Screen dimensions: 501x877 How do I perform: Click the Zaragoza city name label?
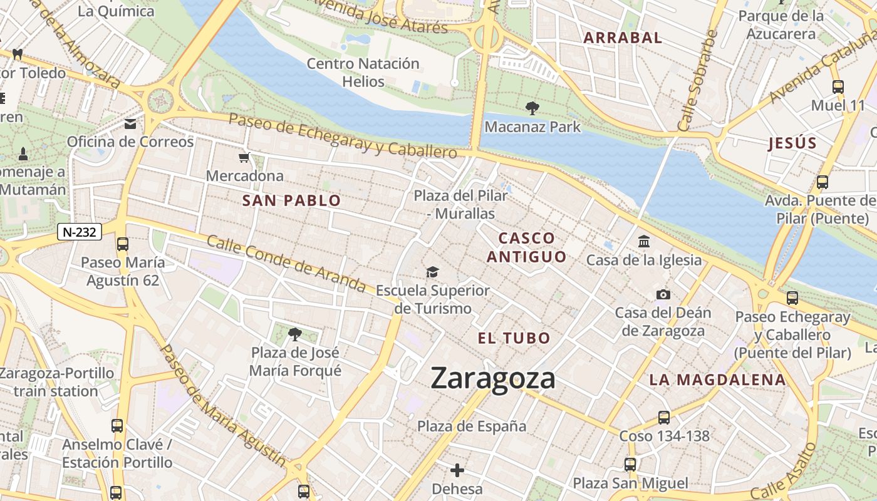[x=493, y=378]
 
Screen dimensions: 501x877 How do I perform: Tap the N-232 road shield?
[x=80, y=232]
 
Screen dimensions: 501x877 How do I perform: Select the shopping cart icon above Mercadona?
[x=244, y=157]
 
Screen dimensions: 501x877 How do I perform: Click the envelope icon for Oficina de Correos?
[x=130, y=123]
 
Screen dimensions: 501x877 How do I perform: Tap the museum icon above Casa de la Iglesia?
[x=644, y=241]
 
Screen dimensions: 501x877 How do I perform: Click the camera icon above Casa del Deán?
[x=663, y=294]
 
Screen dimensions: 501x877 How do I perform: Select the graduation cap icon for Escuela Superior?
[x=432, y=272]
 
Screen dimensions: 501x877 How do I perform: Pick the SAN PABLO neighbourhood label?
[x=291, y=201]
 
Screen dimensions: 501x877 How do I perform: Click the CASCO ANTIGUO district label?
[x=527, y=247]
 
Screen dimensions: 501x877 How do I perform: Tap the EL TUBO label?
[x=514, y=339]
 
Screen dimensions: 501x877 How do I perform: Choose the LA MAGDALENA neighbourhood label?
[x=717, y=380]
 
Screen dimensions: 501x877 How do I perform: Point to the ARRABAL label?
[x=623, y=38]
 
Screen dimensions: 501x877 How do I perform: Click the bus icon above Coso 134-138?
[x=664, y=417]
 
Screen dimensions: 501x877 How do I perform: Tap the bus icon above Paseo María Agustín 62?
[x=123, y=244]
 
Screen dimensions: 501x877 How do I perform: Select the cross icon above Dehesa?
[x=457, y=470]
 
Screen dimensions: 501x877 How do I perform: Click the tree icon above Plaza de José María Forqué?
[x=295, y=334]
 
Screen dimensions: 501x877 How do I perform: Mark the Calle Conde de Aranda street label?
[x=286, y=264]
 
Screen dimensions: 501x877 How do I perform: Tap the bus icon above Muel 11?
[x=838, y=87]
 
